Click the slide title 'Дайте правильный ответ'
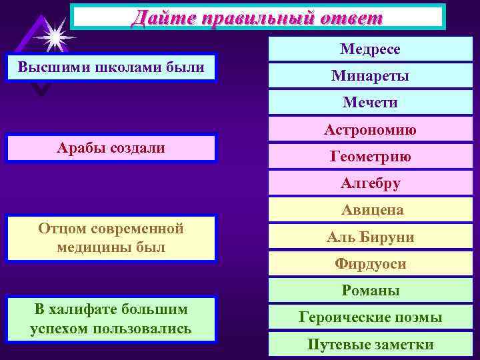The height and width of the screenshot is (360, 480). click(257, 17)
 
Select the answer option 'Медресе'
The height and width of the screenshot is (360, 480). click(370, 49)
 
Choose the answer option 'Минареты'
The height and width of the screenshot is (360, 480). click(370, 76)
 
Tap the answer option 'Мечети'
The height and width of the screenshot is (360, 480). click(370, 103)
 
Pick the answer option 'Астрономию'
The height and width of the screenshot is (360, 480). click(370, 131)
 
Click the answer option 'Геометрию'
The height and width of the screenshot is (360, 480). click(370, 157)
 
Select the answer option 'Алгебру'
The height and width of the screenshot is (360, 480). click(370, 183)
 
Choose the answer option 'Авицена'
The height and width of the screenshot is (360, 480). click(370, 211)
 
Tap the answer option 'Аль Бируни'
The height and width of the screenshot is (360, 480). click(370, 237)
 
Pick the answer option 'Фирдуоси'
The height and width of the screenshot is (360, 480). click(370, 264)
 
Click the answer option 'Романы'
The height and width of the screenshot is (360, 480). click(370, 291)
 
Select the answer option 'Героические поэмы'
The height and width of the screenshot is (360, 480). click(370, 317)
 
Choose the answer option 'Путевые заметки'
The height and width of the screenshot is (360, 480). click(370, 345)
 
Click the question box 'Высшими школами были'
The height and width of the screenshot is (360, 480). click(111, 67)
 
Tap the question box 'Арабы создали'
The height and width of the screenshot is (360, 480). click(111, 148)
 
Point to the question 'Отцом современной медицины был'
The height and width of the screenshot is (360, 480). click(111, 238)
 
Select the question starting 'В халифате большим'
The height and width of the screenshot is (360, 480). click(111, 319)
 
